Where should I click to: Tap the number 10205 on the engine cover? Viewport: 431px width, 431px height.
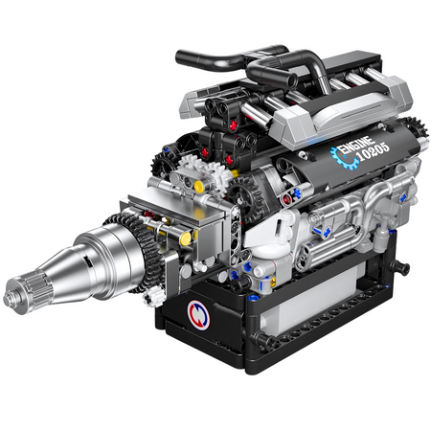click(373, 152)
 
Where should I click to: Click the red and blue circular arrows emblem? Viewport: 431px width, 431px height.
click(198, 315)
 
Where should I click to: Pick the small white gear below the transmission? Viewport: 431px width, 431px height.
click(154, 296)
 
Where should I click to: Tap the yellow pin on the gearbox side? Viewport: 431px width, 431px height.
click(185, 238)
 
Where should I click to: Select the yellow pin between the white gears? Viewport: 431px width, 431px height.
click(199, 187)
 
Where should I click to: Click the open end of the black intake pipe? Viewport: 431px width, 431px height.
click(291, 80)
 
